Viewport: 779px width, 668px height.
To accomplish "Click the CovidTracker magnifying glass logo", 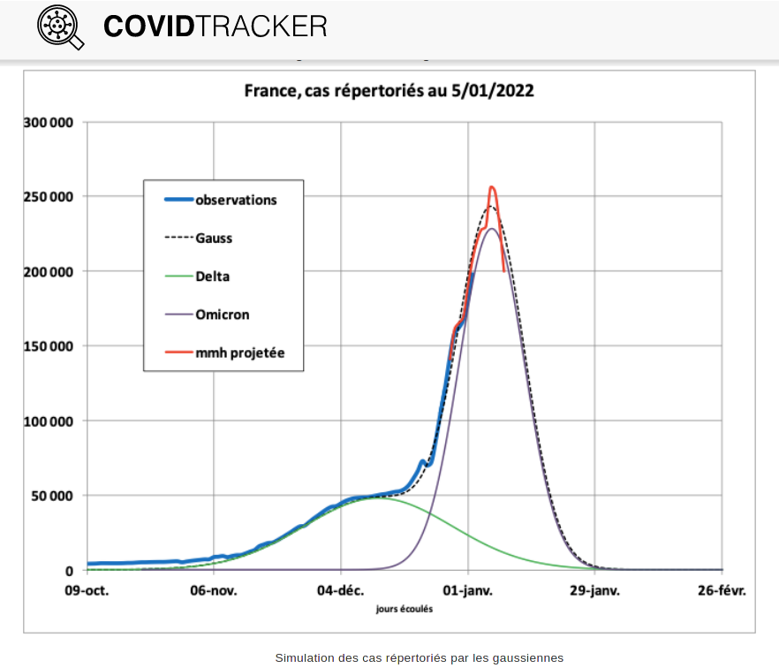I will [60, 27].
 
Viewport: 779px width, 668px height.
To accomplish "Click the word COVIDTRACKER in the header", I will [215, 27].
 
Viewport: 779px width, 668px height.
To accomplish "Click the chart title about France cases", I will [389, 91].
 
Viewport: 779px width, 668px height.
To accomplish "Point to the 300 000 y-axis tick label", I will [49, 122].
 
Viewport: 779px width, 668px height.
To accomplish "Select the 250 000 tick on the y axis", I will [49, 196].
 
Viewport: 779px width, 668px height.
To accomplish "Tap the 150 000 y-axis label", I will [49, 346].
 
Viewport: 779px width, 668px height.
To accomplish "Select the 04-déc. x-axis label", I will [341, 590].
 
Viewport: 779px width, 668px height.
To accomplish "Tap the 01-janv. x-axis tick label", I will [468, 590].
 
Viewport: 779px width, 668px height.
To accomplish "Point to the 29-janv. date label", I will [594, 590].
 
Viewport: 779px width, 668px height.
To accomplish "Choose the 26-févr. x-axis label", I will [722, 590].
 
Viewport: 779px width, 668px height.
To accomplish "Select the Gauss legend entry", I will [214, 238].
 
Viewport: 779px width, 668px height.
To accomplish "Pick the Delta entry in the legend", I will [212, 277].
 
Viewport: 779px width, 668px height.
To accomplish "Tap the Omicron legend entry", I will [221, 315].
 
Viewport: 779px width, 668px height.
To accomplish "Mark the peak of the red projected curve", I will [492, 187].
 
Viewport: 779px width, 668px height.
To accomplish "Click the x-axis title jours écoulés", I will [404, 608].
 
